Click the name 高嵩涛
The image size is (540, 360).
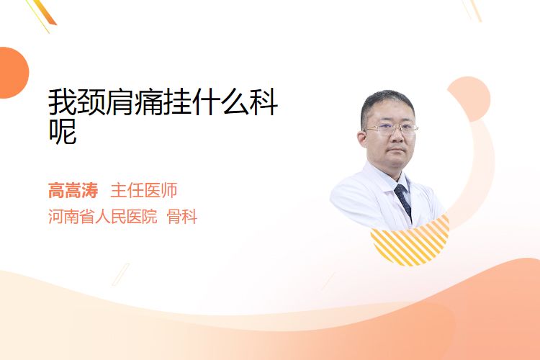(x=73, y=190)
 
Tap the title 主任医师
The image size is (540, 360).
(x=143, y=190)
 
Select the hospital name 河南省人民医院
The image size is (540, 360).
(x=103, y=217)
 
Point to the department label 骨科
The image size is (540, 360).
(x=182, y=217)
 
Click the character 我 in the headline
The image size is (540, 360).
(x=62, y=102)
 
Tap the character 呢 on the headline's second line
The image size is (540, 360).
(x=62, y=131)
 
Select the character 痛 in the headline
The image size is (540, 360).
(x=148, y=102)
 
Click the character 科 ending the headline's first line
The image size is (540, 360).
(x=264, y=102)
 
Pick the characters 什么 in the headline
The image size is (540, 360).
(x=220, y=102)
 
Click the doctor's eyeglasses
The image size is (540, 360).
(x=390, y=129)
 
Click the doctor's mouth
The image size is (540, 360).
(x=396, y=150)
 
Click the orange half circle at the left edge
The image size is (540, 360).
(x=13, y=73)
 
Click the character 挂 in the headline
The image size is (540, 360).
(x=177, y=102)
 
